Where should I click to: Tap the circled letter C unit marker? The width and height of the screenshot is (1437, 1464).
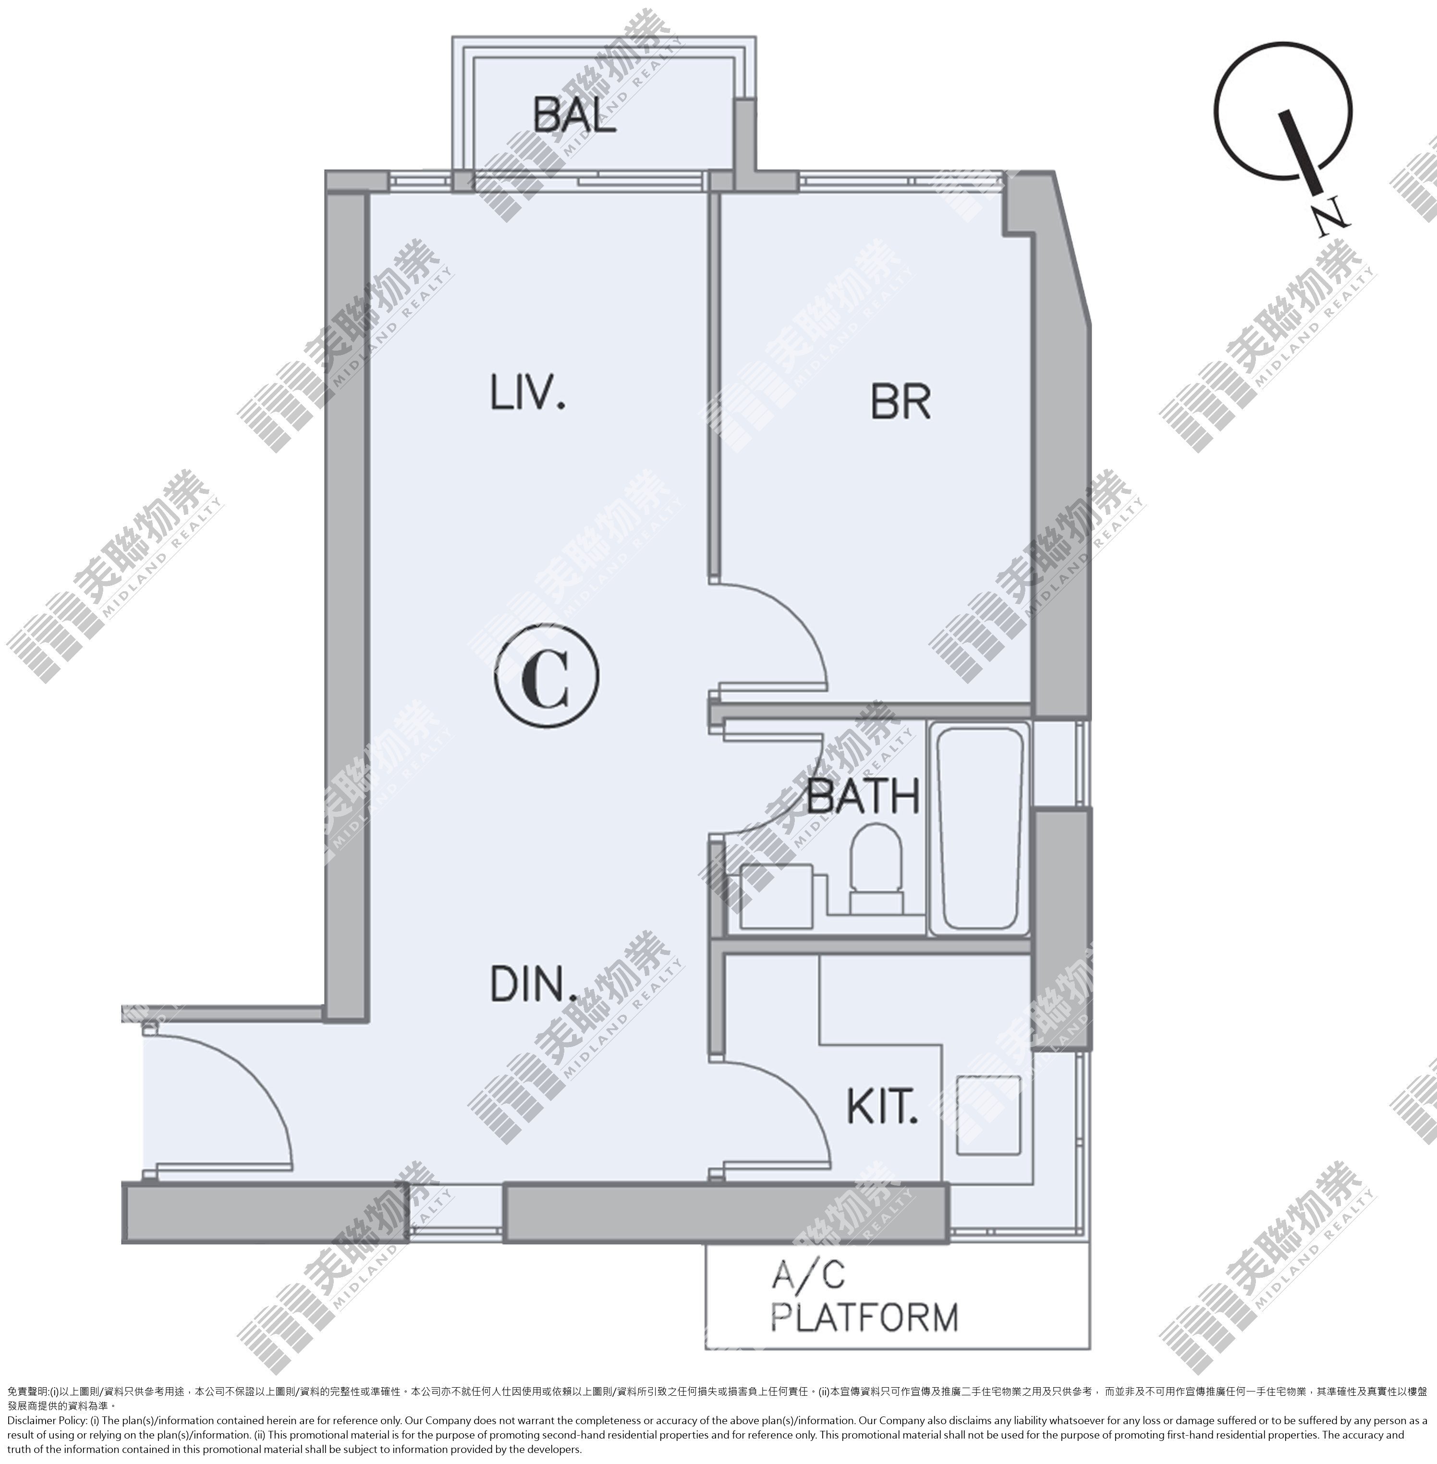pyautogui.click(x=547, y=675)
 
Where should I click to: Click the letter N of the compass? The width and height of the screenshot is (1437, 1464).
pyautogui.click(x=1330, y=216)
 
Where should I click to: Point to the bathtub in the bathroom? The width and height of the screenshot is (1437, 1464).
pyautogui.click(x=980, y=829)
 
